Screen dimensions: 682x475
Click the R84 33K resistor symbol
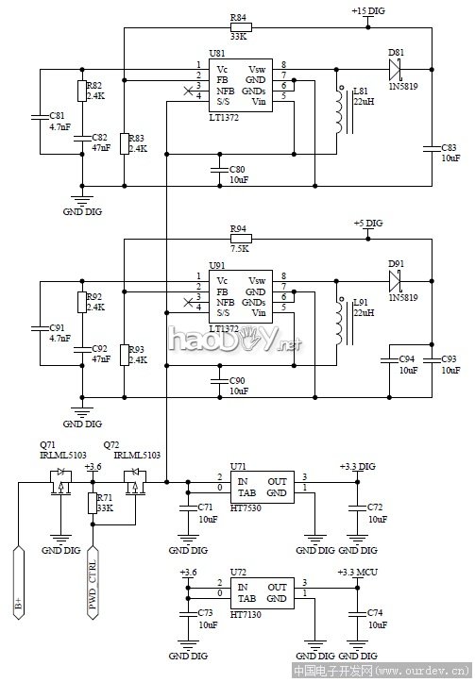pos(239,29)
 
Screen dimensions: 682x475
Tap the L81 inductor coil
pos(337,111)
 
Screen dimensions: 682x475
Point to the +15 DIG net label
pos(369,10)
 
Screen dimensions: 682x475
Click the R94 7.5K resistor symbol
pos(239,240)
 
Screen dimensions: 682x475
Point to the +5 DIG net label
pos(368,223)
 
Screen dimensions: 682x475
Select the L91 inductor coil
pos(337,322)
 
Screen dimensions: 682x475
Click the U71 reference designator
pos(238,467)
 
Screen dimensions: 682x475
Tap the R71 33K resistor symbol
pos(93,504)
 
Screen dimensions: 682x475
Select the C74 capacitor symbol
pos(356,612)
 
